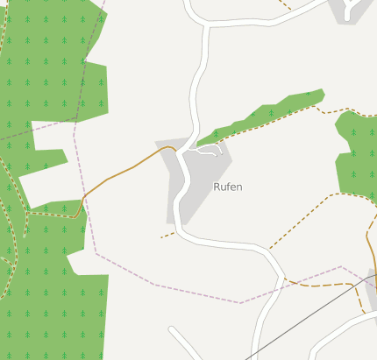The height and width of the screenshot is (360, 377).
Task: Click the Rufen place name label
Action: pos(228,187)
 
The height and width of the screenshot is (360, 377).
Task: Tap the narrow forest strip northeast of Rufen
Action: pos(263,115)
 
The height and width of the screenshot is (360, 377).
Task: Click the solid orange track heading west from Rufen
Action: pos(123,170)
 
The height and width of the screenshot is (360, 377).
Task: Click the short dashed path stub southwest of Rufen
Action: pos(167,235)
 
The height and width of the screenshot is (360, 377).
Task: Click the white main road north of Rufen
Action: pos(198,88)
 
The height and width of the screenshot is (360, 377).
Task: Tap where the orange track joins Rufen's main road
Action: pos(175,151)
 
